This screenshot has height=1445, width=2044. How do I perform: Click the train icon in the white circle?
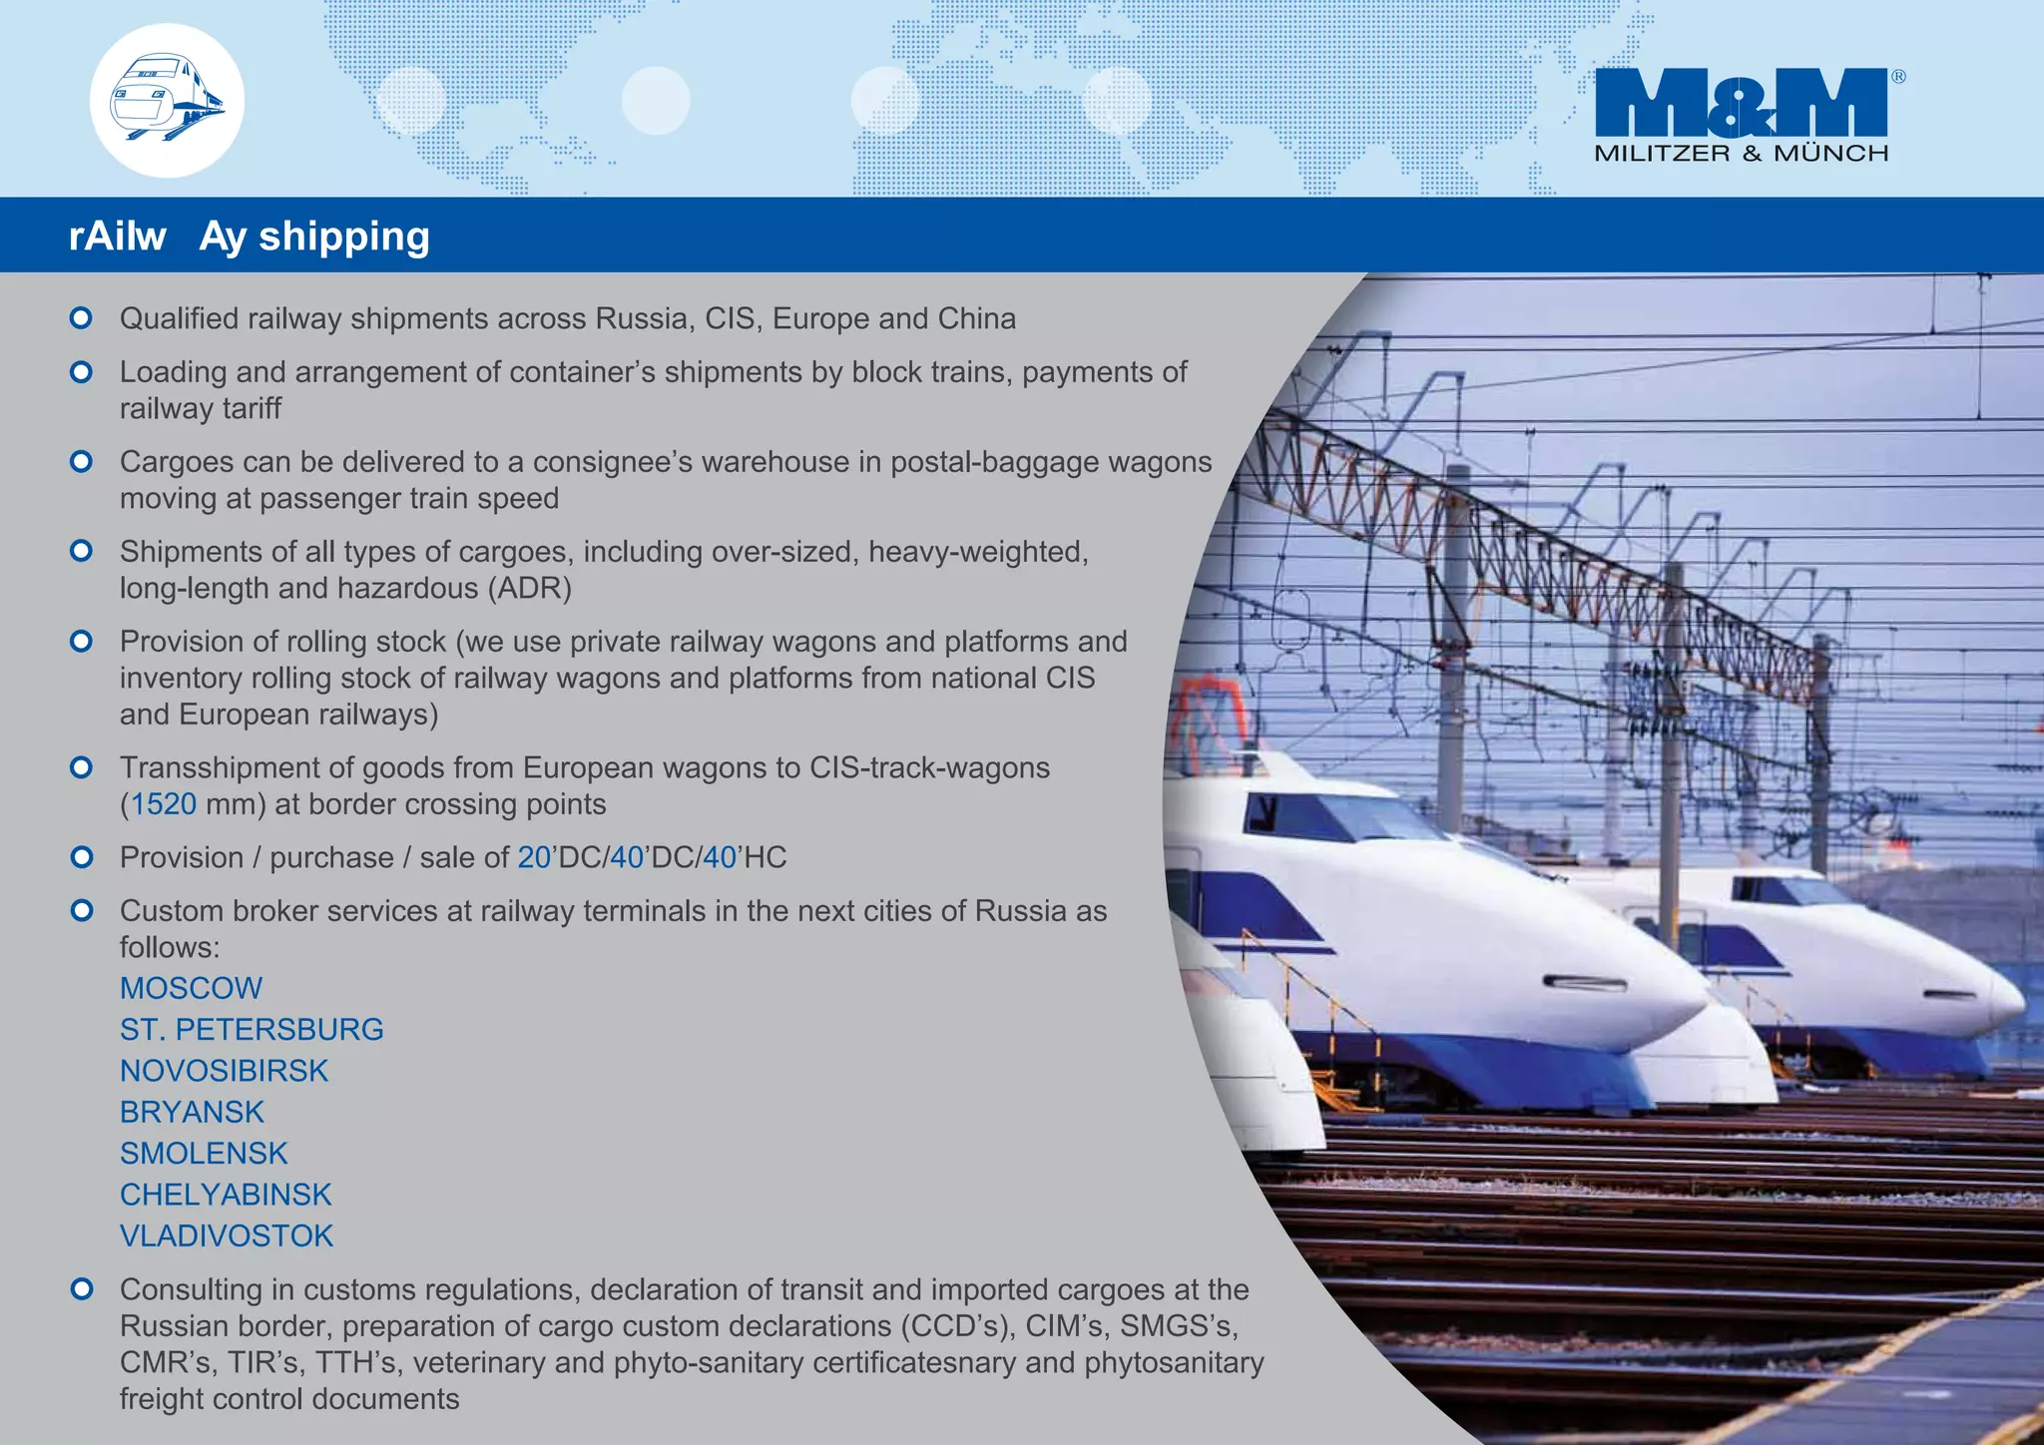coord(167,100)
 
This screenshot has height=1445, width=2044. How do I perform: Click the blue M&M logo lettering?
coord(1741,102)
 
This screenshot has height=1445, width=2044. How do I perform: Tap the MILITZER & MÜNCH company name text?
coord(1741,154)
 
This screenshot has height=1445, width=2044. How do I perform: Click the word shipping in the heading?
coord(344,237)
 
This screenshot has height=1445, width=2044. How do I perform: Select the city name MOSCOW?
coord(191,988)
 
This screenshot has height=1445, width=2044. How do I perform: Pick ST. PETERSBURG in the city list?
coord(252,1029)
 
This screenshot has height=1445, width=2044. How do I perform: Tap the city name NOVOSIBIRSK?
coord(224,1071)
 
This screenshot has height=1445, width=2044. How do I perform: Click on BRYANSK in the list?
coord(192,1112)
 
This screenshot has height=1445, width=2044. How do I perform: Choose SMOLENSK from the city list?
coord(204,1154)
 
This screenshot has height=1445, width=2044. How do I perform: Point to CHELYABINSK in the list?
coord(226,1195)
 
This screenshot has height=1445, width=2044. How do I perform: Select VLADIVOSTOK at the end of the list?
coord(227,1235)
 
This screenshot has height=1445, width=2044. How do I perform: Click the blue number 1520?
coord(164,804)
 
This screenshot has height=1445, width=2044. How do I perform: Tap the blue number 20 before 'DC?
coord(534,857)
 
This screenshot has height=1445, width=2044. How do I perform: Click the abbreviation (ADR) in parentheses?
coord(529,589)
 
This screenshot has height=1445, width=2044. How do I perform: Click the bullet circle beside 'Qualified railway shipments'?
coord(82,318)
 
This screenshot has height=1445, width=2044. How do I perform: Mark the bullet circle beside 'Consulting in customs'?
coord(82,1289)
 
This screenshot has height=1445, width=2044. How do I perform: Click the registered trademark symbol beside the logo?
coord(1898,77)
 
